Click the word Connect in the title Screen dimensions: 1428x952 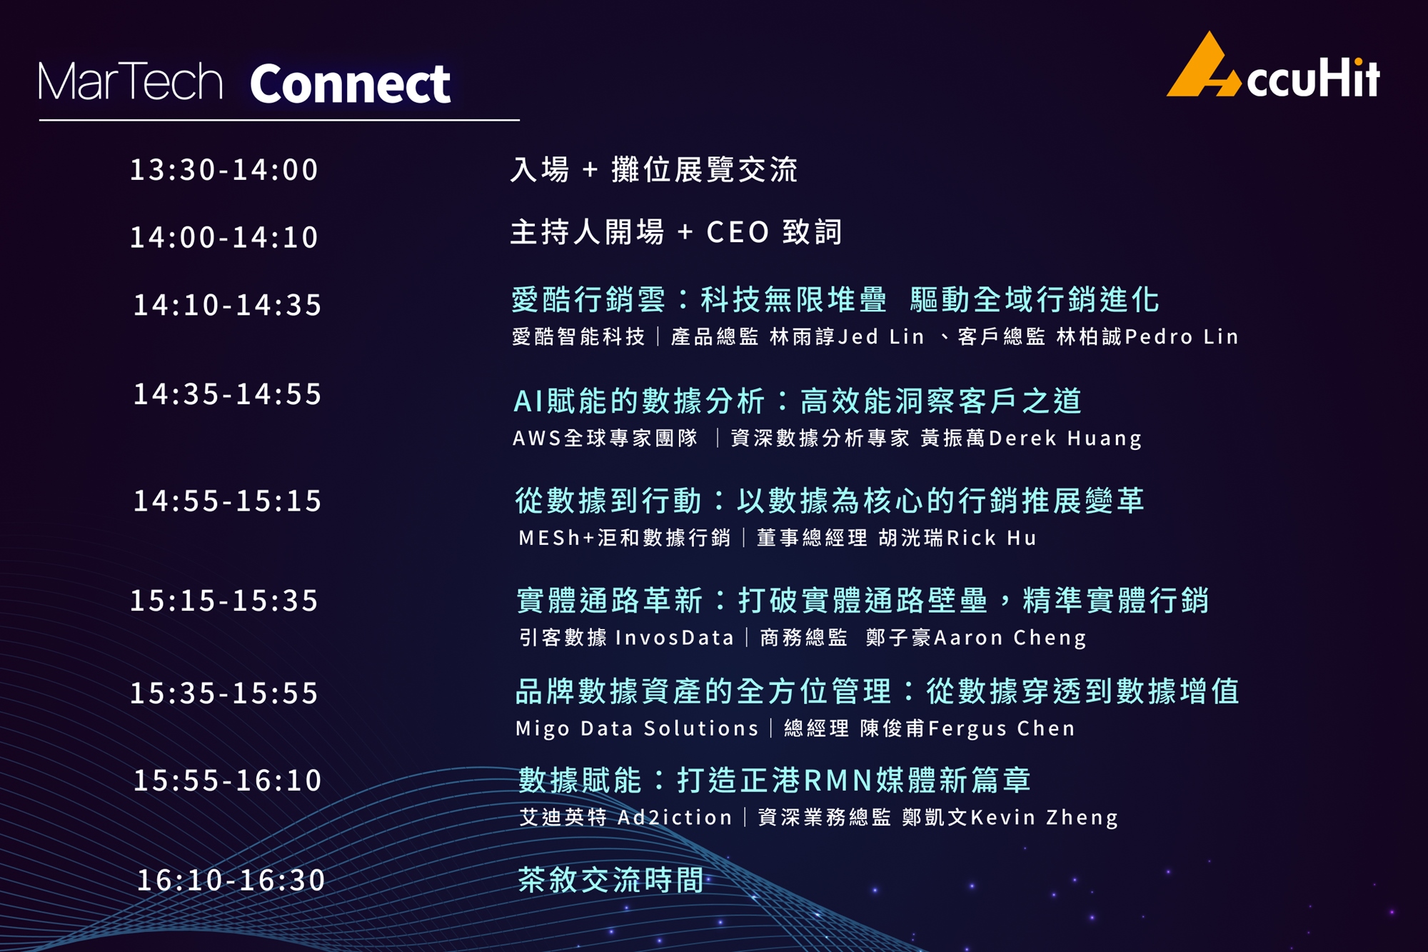point(350,84)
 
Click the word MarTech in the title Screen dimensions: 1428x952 point(131,81)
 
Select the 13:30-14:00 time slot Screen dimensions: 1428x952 point(223,170)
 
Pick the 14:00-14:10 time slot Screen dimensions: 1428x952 point(223,237)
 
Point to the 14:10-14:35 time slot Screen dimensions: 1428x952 point(227,305)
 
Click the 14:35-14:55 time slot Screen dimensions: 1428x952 point(227,394)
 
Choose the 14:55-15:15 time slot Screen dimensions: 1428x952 point(227,501)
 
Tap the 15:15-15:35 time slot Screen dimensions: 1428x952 point(223,601)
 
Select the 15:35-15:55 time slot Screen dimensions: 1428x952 point(223,693)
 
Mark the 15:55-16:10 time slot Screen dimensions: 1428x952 point(227,780)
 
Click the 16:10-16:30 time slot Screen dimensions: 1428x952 point(231,880)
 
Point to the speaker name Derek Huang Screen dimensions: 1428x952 point(1065,439)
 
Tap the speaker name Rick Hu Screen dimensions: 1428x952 point(992,538)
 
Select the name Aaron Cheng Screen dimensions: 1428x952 point(1010,638)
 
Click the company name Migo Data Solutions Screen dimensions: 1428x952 point(637,728)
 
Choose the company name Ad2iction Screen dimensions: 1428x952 point(675,817)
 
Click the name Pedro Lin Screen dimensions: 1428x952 point(1182,336)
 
